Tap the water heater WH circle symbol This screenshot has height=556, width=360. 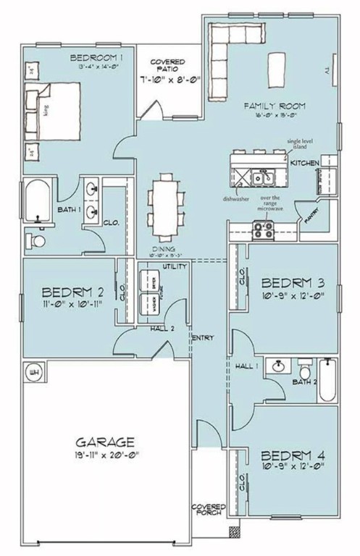tap(33, 372)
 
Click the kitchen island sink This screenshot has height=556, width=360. tap(261, 176)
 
